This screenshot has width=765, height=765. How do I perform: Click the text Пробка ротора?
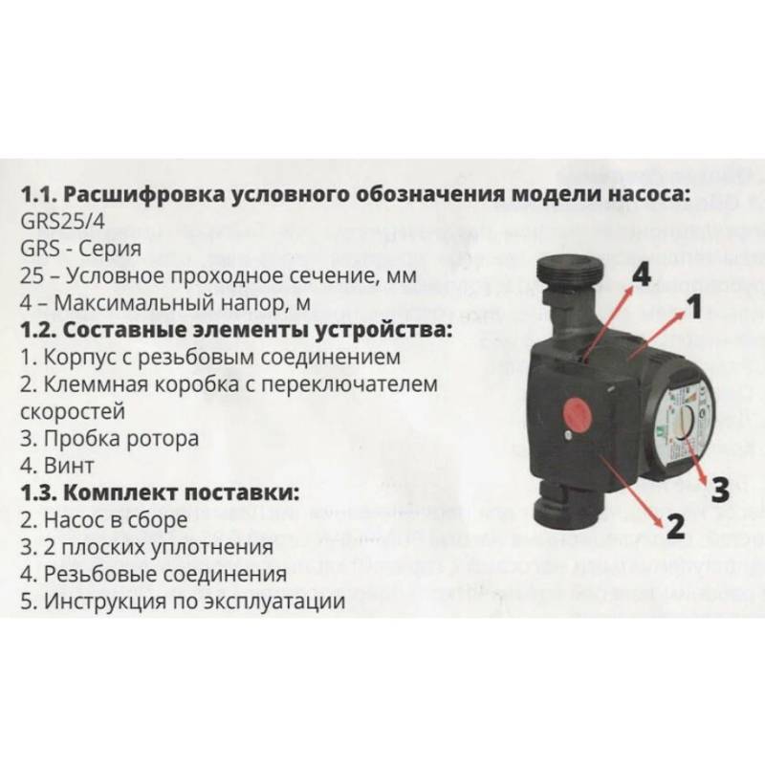point(109,441)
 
